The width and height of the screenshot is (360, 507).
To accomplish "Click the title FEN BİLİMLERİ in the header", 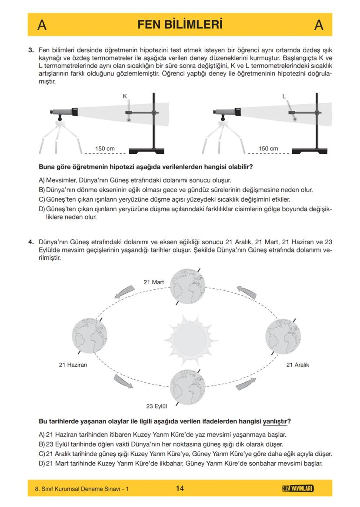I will pyautogui.click(x=180, y=24).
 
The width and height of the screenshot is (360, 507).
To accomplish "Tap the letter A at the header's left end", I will pyautogui.click(x=42, y=25).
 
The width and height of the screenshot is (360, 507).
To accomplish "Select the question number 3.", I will pyautogui.click(x=31, y=50).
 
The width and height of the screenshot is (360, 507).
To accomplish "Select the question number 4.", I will pyautogui.click(x=31, y=242).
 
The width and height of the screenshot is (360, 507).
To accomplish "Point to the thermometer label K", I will pyautogui.click(x=124, y=97).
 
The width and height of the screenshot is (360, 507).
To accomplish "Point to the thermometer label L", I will pyautogui.click(x=284, y=97).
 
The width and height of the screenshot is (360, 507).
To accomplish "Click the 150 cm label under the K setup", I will pyautogui.click(x=105, y=149).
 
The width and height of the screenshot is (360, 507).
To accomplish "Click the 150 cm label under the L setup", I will pyautogui.click(x=268, y=149).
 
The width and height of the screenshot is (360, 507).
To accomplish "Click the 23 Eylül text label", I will pyautogui.click(x=157, y=407).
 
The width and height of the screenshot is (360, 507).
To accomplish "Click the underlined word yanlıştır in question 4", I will pyautogui.click(x=275, y=421).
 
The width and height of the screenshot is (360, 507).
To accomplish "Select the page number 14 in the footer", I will pyautogui.click(x=180, y=488).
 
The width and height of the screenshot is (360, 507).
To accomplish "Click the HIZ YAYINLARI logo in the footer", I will pyautogui.click(x=298, y=488).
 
